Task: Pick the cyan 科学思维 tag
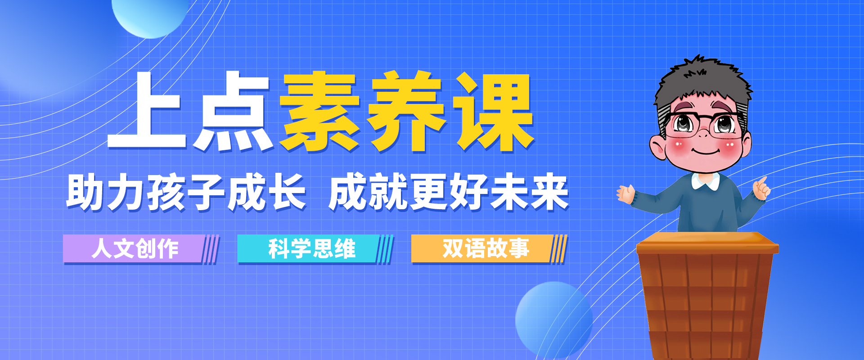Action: point(315,249)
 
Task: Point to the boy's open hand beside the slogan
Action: point(625,194)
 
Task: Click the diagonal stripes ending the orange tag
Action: point(558,249)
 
